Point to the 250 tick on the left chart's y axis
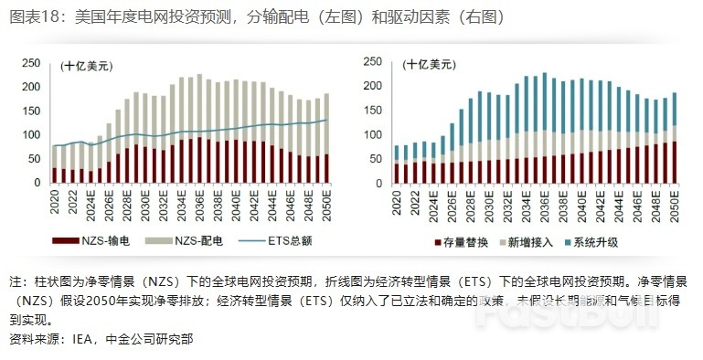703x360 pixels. pos(30,63)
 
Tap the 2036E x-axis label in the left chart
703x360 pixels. pos(199,203)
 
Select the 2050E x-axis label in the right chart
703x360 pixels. pos(676,203)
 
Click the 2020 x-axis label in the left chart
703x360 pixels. pos(55,201)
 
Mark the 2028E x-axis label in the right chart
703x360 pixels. pos(463,203)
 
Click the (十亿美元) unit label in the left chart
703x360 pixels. pos(87,66)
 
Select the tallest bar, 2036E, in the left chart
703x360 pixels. pos(199,128)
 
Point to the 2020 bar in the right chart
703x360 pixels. pos(396,164)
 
